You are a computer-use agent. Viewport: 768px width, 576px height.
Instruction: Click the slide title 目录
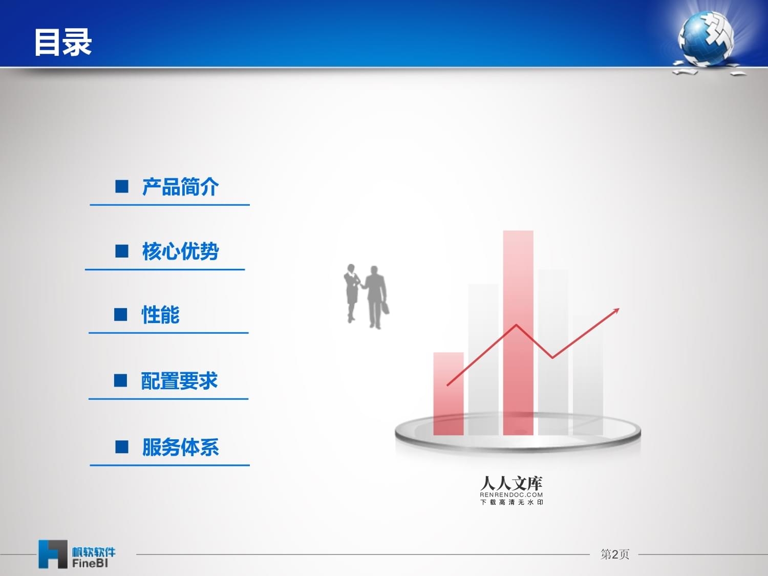62,42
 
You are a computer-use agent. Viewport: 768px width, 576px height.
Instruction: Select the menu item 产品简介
180,187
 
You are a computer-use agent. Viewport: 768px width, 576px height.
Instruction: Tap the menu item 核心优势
180,251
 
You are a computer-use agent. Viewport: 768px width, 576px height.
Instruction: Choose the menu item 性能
160,315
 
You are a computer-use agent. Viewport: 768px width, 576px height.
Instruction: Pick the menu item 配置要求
179,381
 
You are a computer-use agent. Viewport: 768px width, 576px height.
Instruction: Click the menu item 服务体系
180,447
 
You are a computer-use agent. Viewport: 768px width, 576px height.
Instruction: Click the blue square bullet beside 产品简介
122,186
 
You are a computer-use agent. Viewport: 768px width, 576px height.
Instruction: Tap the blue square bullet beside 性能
121,314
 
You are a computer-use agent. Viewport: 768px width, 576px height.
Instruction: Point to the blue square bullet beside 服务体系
122,447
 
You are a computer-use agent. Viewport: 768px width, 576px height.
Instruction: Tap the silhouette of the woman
351,292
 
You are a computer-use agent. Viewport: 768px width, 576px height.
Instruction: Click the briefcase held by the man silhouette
386,308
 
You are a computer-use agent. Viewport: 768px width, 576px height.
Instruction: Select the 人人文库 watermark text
511,483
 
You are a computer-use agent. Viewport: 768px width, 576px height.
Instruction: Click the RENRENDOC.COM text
511,495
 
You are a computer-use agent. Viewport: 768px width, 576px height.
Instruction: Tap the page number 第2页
614,554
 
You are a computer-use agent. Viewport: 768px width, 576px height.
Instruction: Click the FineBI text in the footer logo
90,563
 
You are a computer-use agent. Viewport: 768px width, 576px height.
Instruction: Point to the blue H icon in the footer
52,554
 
